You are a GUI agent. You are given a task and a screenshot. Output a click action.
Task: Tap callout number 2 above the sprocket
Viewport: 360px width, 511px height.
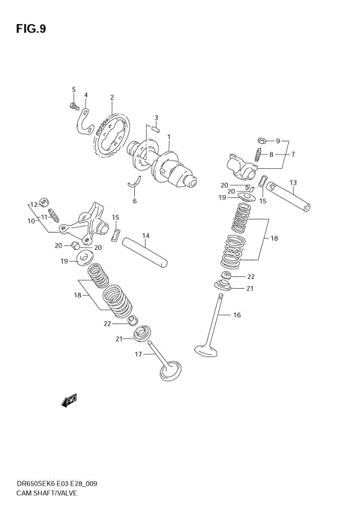[x=112, y=97]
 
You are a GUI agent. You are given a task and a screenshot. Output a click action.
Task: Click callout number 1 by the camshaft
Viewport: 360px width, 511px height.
[x=169, y=137]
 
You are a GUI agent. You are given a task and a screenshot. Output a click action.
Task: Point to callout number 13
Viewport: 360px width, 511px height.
[x=292, y=182]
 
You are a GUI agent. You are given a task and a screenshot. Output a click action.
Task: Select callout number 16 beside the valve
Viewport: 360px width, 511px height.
[x=237, y=315]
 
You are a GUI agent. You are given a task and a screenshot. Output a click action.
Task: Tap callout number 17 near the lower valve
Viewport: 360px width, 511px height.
[x=138, y=354]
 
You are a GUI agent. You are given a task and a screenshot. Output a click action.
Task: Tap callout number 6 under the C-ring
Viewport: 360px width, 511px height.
[x=135, y=201]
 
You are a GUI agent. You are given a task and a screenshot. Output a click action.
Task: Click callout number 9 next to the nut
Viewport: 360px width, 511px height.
[x=277, y=141]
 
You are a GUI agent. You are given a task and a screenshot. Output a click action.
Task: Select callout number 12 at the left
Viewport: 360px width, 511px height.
[x=34, y=203]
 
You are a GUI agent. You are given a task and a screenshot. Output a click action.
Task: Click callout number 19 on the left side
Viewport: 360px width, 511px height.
[x=64, y=260]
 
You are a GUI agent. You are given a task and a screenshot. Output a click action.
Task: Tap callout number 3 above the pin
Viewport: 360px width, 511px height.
[x=156, y=118]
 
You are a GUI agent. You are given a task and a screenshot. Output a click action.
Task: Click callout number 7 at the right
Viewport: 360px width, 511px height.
[x=293, y=155]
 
